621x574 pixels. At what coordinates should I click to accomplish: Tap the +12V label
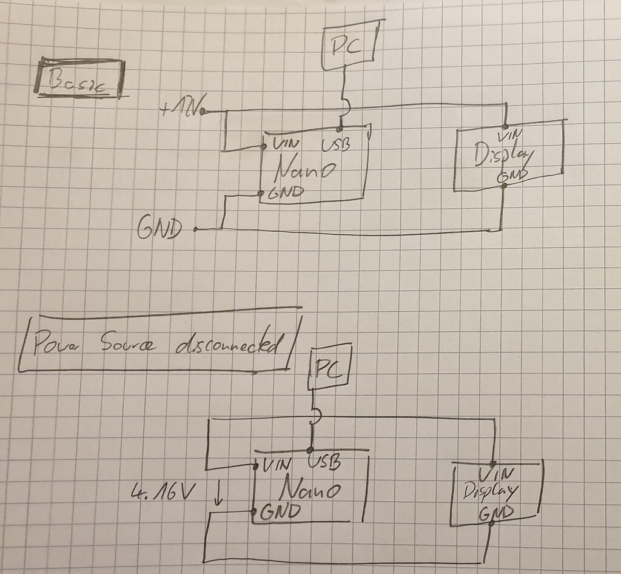pyautogui.click(x=180, y=110)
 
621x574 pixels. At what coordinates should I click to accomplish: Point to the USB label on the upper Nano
pyautogui.click(x=335, y=145)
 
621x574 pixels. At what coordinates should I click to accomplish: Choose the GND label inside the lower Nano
pyautogui.click(x=280, y=512)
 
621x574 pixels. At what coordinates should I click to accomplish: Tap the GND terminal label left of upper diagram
pyautogui.click(x=159, y=229)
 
